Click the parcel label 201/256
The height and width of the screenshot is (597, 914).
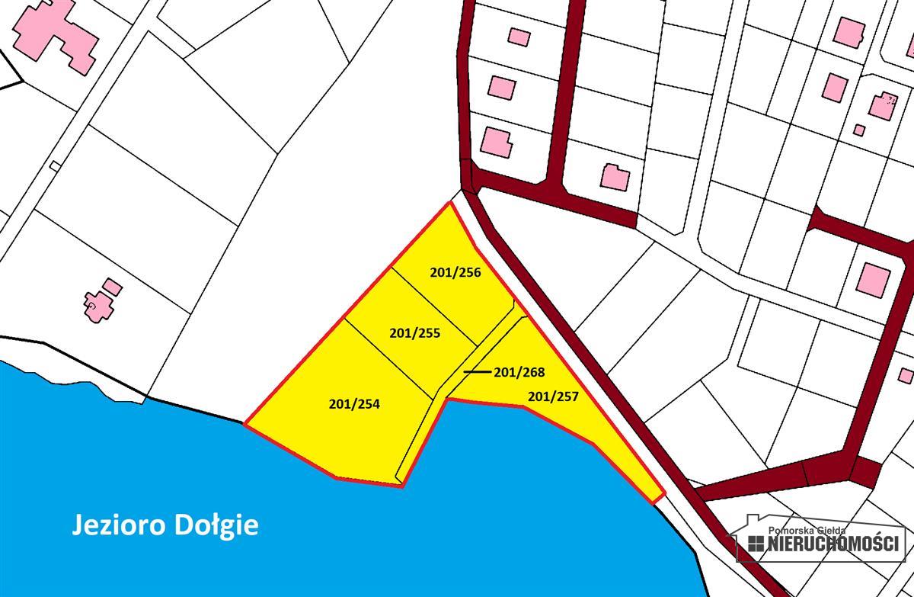click(x=455, y=271)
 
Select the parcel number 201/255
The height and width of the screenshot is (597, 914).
click(x=415, y=333)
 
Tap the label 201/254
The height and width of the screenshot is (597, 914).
click(x=354, y=405)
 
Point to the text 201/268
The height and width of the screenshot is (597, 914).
click(x=519, y=372)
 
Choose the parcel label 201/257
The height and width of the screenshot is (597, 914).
click(x=553, y=396)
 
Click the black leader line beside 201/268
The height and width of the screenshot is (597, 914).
click(x=477, y=372)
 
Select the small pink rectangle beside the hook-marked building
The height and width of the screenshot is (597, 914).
click(x=113, y=287)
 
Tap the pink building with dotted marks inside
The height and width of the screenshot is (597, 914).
click(x=883, y=107)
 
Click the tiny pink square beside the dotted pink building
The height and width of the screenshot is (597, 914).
click(x=859, y=130)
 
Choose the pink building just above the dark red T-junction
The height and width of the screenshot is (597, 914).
click(x=615, y=177)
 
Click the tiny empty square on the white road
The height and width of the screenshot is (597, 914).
click(x=54, y=166)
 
